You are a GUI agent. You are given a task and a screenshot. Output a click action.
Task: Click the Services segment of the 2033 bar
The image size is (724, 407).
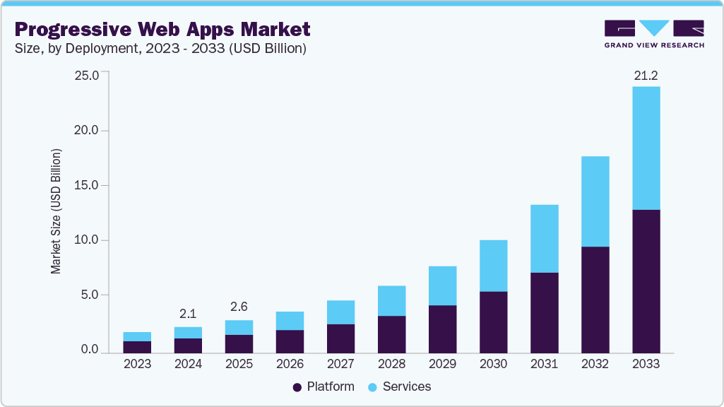pyautogui.click(x=646, y=148)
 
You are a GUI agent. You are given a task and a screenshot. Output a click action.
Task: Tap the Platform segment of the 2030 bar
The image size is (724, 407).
pyautogui.click(x=493, y=322)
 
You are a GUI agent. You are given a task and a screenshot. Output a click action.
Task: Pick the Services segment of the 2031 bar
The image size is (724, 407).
pyautogui.click(x=544, y=238)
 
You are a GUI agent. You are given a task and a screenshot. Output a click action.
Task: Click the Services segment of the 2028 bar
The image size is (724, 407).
pyautogui.click(x=391, y=300)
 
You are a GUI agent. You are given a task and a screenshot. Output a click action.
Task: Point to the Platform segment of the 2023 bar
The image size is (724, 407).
pyautogui.click(x=137, y=346)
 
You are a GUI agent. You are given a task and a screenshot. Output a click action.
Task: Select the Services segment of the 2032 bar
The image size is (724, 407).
pyautogui.click(x=595, y=201)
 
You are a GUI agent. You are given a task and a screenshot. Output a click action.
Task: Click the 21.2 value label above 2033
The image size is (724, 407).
pyautogui.click(x=646, y=76)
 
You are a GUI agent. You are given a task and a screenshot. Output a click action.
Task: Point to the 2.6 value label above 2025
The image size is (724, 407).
pyautogui.click(x=239, y=308)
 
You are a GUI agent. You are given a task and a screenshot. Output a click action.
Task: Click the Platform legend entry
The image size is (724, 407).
pyautogui.click(x=324, y=387)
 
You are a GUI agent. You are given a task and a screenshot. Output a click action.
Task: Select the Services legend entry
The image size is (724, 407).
pyautogui.click(x=399, y=387)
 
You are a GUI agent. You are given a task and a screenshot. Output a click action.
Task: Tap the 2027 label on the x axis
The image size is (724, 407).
pyautogui.click(x=340, y=364)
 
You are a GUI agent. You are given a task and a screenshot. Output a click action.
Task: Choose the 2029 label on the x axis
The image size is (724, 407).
pyautogui.click(x=442, y=364)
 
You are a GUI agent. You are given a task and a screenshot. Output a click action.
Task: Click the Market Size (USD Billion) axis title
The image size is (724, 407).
pyautogui.click(x=56, y=211)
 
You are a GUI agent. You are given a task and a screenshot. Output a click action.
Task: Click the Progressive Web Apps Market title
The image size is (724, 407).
pyautogui.click(x=162, y=30)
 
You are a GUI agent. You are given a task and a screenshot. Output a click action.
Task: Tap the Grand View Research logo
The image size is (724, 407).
pyautogui.click(x=653, y=34)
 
